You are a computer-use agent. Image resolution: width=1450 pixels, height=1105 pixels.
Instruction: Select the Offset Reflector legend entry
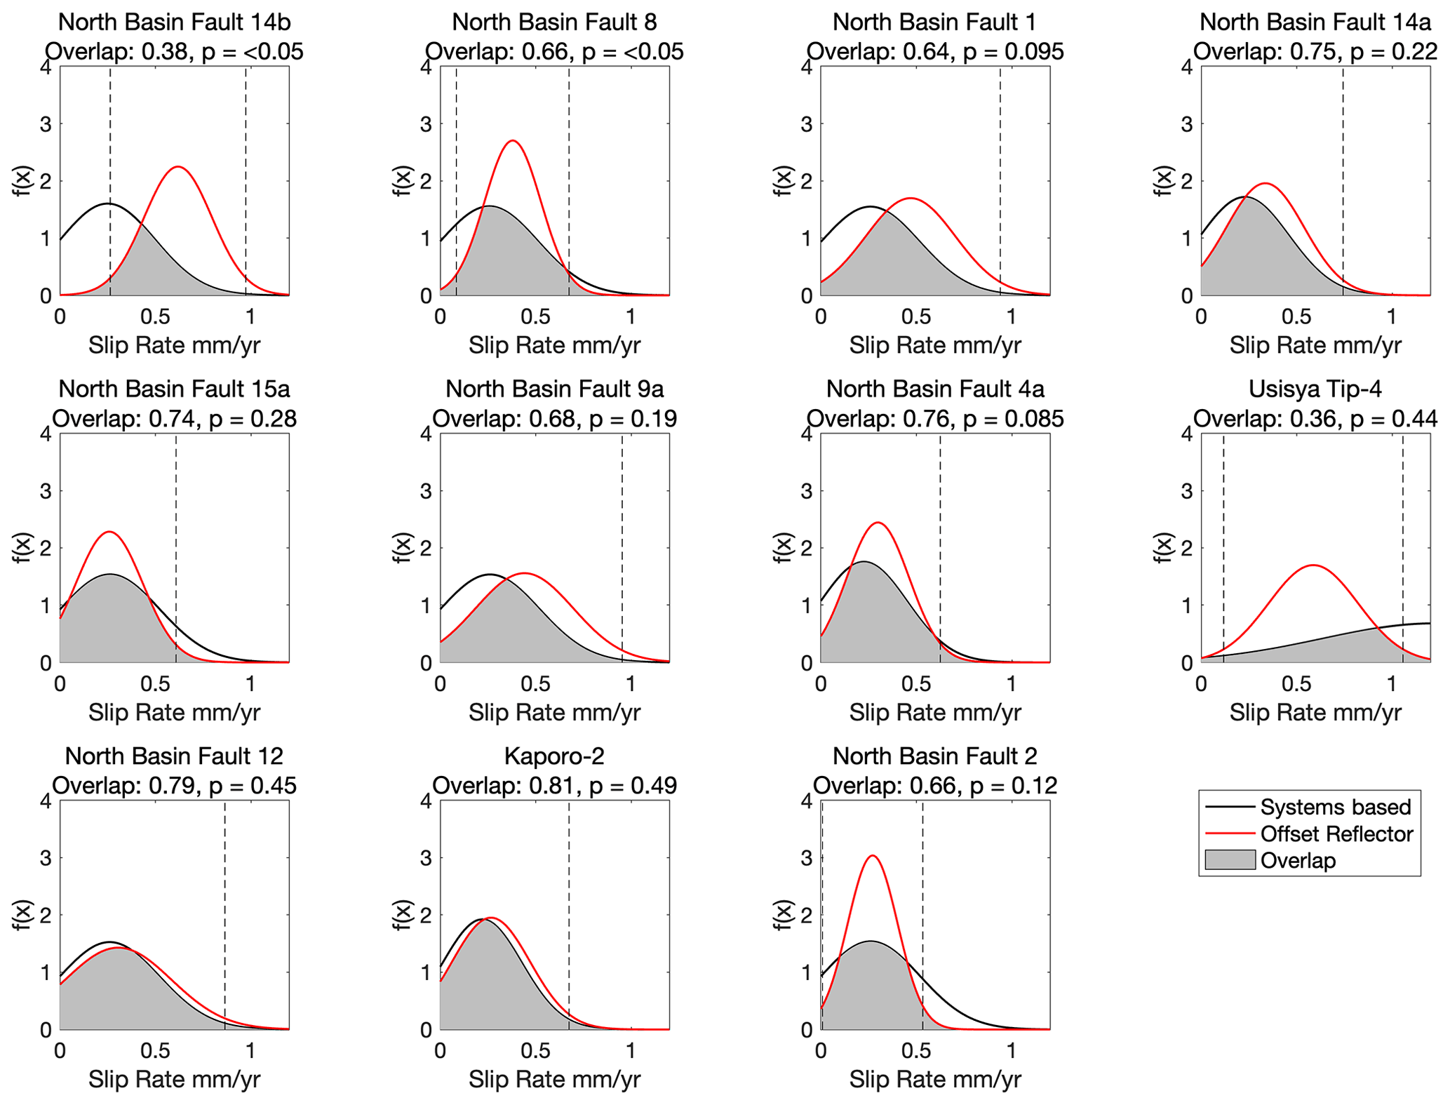tap(1336, 833)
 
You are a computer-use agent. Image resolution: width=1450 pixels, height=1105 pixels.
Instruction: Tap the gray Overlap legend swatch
tap(1229, 860)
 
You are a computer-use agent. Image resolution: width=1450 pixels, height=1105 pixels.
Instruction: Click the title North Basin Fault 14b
tap(174, 22)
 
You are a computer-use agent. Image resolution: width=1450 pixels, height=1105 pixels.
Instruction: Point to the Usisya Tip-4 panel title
tap(1315, 389)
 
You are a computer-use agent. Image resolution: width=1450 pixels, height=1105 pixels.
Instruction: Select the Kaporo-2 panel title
tap(554, 756)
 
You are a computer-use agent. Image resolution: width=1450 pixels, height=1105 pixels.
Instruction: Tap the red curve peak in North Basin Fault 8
tap(513, 141)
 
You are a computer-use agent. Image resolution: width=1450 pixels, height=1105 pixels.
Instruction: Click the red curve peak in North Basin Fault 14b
tap(177, 167)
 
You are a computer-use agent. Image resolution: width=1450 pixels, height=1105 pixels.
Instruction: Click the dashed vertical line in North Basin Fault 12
tap(224, 912)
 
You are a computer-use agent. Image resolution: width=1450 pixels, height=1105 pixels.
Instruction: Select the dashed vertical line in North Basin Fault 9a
tap(622, 547)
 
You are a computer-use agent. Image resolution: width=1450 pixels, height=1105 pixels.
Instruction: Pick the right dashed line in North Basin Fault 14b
tap(246, 175)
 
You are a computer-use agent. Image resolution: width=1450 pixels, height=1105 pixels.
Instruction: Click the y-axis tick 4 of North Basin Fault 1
tap(806, 67)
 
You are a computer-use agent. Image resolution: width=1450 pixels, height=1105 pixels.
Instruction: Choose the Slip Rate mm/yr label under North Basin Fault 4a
tap(934, 713)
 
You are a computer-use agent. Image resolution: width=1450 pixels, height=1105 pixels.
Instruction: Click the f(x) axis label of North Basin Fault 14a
tap(1163, 181)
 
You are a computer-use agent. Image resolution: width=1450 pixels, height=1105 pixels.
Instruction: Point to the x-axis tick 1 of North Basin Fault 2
tap(1011, 1050)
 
